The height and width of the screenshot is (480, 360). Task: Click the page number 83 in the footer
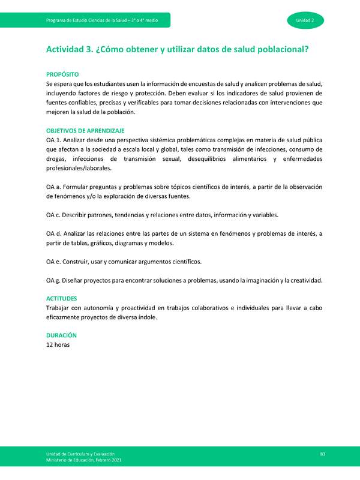pos(322,454)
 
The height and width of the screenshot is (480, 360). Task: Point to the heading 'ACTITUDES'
pos(61,298)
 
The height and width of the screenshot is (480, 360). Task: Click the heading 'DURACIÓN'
pos(61,335)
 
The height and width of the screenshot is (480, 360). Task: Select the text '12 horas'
pos(58,344)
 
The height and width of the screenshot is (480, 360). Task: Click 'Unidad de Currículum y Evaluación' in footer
pos(78,454)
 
